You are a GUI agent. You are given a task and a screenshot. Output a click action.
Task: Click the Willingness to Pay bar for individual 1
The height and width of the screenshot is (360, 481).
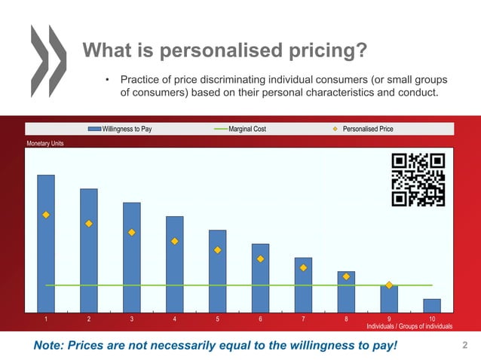click(x=46, y=243)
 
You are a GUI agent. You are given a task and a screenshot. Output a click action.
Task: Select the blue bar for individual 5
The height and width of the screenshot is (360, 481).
click(x=217, y=270)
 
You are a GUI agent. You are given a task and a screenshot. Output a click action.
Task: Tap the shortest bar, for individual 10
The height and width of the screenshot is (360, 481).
click(x=432, y=305)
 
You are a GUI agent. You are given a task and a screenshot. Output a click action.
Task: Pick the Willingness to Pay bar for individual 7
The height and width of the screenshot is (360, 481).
click(x=303, y=284)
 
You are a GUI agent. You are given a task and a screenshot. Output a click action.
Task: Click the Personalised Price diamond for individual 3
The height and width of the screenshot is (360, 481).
click(x=132, y=233)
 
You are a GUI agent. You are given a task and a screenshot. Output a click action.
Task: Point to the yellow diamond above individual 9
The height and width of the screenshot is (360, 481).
click(x=389, y=285)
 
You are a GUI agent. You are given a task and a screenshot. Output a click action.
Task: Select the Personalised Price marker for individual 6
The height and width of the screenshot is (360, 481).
click(x=261, y=259)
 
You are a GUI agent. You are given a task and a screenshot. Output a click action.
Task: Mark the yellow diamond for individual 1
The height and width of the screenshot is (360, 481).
click(x=46, y=215)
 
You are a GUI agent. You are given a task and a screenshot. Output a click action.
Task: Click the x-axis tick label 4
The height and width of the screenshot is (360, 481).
click(x=175, y=319)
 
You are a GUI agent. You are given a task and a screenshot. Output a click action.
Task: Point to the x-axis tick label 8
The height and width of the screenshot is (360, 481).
click(x=346, y=319)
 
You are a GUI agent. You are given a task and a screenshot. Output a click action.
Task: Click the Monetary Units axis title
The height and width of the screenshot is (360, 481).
click(x=46, y=143)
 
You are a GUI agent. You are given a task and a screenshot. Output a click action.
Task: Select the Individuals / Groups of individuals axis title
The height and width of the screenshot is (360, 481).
click(x=409, y=327)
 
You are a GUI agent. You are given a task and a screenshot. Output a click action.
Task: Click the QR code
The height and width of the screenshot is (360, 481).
click(x=418, y=179)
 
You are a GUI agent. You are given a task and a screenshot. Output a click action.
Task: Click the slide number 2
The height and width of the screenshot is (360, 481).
click(x=464, y=346)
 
